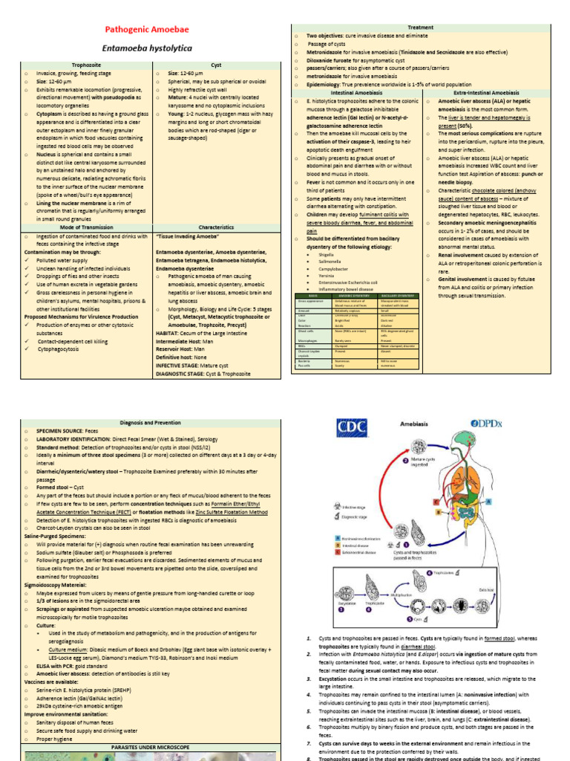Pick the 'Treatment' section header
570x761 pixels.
click(x=420, y=27)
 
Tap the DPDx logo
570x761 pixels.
click(x=487, y=424)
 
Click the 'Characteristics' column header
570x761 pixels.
click(x=216, y=227)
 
